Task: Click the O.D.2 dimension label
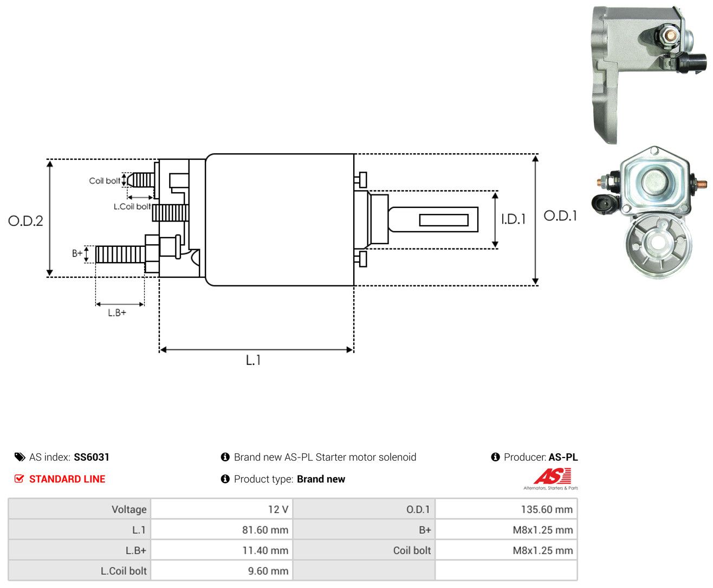(25, 221)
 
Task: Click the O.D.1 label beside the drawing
(560, 215)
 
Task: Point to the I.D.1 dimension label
(513, 219)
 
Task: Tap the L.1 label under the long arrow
(253, 360)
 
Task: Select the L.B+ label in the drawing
(117, 312)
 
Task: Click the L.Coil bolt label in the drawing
(132, 206)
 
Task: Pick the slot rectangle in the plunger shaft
(444, 220)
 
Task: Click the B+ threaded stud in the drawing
(120, 254)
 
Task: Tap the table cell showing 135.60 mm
(506, 509)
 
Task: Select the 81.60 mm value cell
(222, 530)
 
